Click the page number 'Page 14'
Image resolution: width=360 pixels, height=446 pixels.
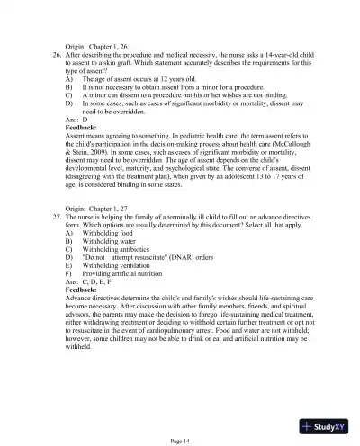(180, 440)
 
